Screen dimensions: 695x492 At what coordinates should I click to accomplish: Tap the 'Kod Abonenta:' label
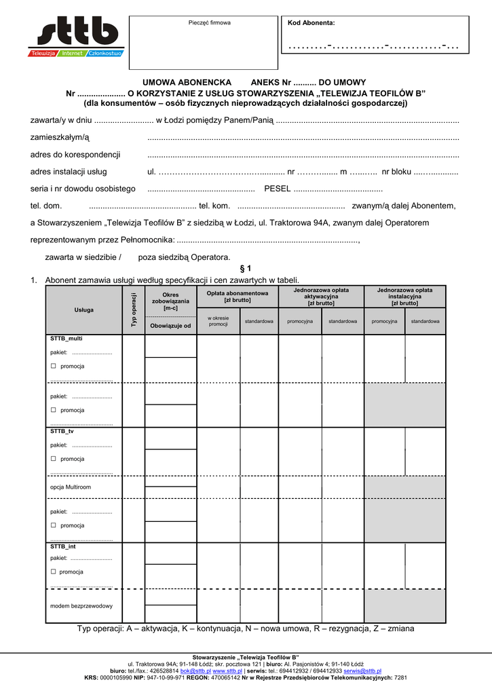click(x=311, y=23)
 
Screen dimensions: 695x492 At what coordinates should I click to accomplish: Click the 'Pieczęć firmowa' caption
click(x=209, y=23)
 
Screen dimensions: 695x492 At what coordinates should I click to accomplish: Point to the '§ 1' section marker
click(x=246, y=269)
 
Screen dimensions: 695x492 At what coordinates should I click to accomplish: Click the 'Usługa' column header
click(x=84, y=310)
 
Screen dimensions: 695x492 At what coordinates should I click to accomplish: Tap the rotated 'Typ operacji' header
click(x=134, y=310)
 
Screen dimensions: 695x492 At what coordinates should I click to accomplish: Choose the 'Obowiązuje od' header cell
click(x=171, y=326)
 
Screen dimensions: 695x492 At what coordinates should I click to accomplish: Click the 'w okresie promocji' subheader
click(x=219, y=321)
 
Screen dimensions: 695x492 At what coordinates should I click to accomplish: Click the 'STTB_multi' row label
click(x=66, y=338)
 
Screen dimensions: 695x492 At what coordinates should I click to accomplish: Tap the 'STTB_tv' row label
click(x=62, y=431)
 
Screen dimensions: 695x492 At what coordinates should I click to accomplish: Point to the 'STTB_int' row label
click(x=62, y=546)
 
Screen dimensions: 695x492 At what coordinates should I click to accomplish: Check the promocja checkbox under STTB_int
click(x=53, y=571)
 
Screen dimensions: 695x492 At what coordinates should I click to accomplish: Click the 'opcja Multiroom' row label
click(x=71, y=487)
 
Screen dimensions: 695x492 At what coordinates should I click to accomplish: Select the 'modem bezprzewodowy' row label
click(x=81, y=605)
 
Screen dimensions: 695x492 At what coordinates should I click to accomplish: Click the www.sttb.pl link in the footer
click(x=227, y=670)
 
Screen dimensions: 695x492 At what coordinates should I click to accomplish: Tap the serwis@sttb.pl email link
click(x=362, y=670)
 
